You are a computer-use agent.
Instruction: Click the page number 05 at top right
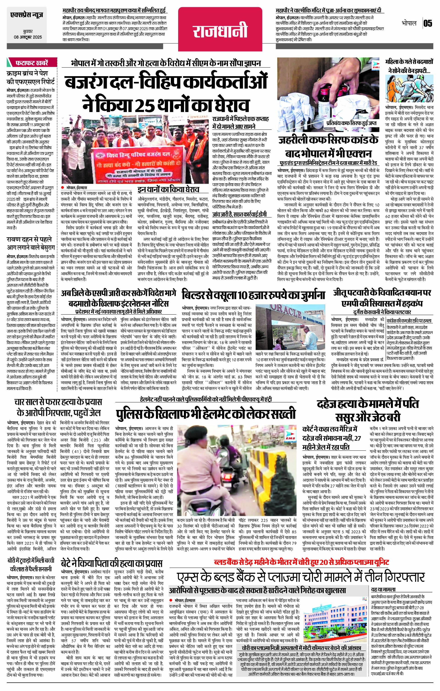428,23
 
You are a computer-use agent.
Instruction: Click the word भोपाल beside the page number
408,23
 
